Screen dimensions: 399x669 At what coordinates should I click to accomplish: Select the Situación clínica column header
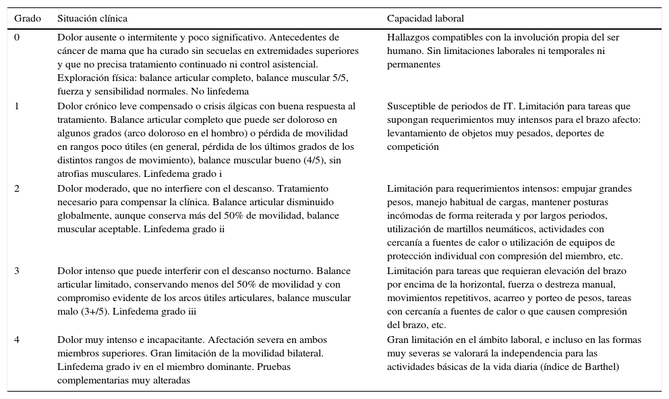92,18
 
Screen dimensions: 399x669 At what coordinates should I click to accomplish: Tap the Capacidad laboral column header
425,18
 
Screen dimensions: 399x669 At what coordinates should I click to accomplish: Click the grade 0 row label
18,38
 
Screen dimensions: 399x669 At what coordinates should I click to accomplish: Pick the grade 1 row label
18,106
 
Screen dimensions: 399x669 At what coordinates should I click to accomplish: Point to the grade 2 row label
18,188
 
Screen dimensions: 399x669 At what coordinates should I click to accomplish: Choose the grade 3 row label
18,271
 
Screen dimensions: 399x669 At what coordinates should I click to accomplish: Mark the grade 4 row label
18,340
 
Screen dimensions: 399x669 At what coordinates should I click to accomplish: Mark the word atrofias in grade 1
72,174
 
